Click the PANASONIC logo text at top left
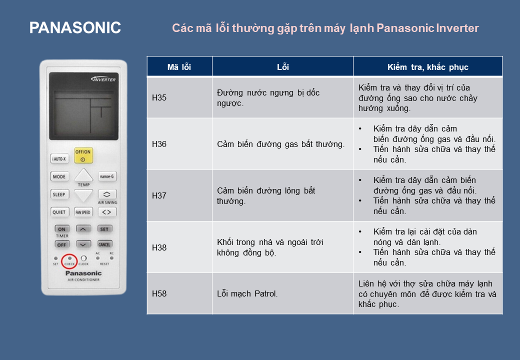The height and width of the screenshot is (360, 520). (75, 27)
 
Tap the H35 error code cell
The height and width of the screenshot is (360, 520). (179, 97)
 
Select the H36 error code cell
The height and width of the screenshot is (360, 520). (179, 144)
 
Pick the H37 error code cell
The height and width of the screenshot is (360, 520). (179, 195)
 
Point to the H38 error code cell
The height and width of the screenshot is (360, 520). (179, 247)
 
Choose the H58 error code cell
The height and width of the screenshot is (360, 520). (179, 293)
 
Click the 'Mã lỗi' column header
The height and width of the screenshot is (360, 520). (179, 67)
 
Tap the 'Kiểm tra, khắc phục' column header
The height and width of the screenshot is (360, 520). (428, 67)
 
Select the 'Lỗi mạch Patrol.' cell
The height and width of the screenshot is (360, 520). (282, 293)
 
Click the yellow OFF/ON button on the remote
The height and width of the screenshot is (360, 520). (83, 155)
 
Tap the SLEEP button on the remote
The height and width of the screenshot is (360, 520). (59, 194)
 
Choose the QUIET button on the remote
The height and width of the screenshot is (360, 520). (59, 212)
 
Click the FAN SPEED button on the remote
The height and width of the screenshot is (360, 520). (83, 212)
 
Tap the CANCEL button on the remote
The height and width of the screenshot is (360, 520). (104, 244)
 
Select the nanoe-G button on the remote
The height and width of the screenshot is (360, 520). (107, 176)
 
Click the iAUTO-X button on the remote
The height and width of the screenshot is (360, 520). (59, 159)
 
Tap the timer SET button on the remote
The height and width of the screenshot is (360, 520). (104, 229)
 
